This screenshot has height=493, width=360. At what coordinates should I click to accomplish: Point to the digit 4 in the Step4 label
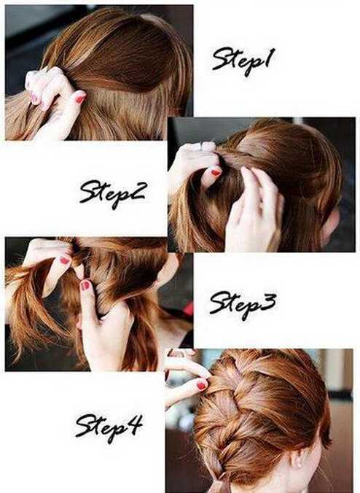(x=135, y=424)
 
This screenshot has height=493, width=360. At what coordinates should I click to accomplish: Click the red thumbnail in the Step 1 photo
(x=80, y=98)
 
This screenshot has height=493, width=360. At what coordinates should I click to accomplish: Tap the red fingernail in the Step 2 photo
(x=216, y=172)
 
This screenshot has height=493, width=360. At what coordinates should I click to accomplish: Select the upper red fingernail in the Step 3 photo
(x=65, y=260)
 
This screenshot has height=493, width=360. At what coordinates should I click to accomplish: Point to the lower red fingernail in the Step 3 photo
(x=85, y=285)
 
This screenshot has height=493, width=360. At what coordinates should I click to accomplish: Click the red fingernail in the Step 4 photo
(x=201, y=385)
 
